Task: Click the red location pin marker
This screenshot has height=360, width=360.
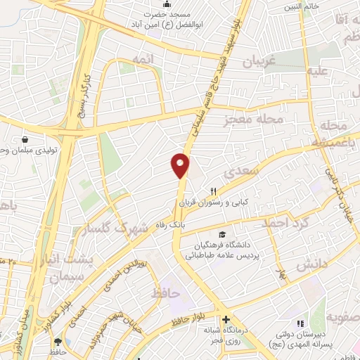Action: [181, 165]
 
